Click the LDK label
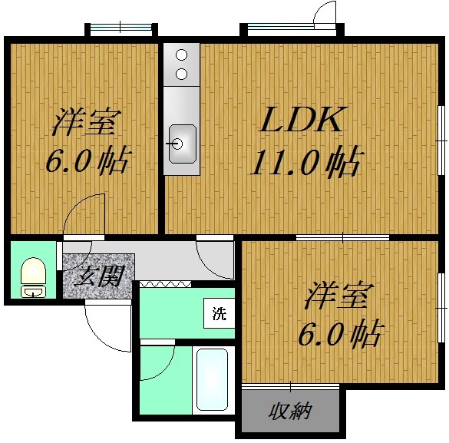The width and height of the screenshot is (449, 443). coord(303,119)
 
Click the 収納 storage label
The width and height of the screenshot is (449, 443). coord(290,412)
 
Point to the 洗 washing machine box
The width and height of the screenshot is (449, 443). coord(219,313)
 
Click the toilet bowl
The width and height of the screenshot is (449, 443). coord(34,271)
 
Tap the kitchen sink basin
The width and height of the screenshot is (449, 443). coord(183,144)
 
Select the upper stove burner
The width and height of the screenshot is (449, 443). coord(181,55)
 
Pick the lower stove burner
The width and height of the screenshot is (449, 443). coord(181,74)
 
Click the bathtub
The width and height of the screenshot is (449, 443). coord(212,380)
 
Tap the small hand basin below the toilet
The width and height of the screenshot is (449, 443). coord(33,292)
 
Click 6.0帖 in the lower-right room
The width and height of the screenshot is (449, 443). coord(341,333)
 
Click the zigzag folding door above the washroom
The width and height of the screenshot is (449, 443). coord(165,284)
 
